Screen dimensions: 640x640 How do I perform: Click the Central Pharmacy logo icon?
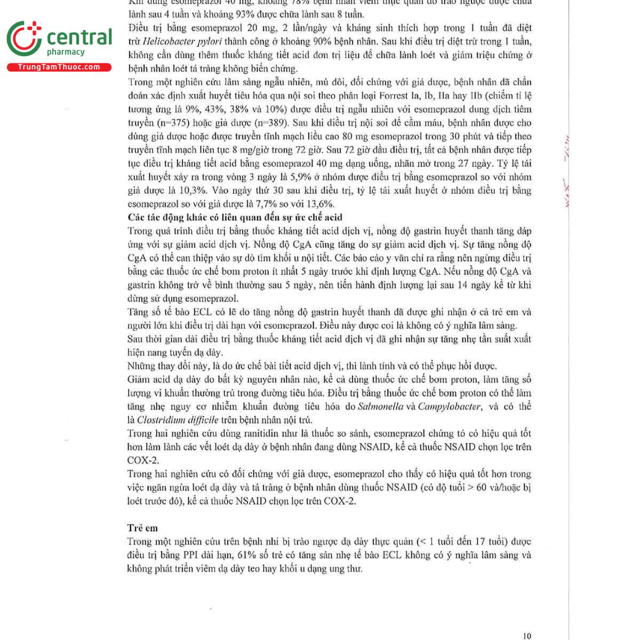pos(24,38)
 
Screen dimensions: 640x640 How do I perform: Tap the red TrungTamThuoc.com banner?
pos(59,67)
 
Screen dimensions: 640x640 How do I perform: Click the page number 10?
pos(527,636)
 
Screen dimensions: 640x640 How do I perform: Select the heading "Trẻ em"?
pos(142,528)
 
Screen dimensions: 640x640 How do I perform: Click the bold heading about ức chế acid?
pos(235,217)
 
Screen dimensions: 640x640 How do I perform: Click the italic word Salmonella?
pos(381,406)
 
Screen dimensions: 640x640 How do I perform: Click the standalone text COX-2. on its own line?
pos(143,460)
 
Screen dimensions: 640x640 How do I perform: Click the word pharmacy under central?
pos(66,52)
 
